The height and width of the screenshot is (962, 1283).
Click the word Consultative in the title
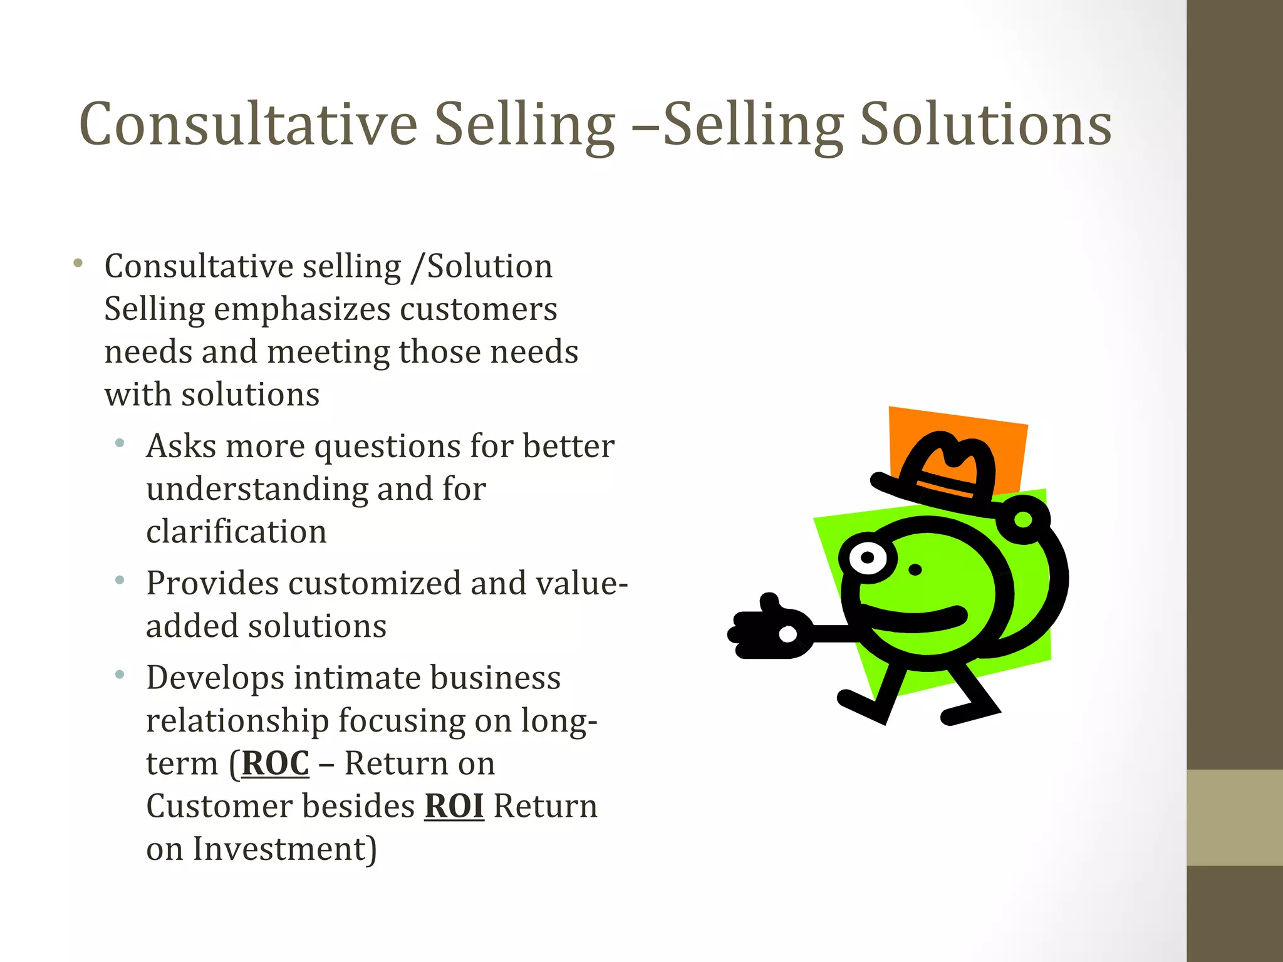pos(248,125)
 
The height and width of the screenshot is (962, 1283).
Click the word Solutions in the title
pos(985,125)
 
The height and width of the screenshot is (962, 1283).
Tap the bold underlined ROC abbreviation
pos(275,763)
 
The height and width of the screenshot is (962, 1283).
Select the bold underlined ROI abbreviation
pos(454,806)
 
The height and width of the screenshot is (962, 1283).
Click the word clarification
pos(236,532)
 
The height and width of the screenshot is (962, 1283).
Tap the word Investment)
pos(284,849)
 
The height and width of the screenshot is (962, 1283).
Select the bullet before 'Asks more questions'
pos(120,443)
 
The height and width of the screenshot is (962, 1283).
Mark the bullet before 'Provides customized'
pos(120,580)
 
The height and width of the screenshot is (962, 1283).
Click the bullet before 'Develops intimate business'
pos(120,675)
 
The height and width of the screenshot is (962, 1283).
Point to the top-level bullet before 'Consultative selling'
pos(78,263)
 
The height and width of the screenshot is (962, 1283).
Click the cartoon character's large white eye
pos(868,557)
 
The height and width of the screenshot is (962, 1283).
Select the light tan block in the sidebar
pos(1235,817)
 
